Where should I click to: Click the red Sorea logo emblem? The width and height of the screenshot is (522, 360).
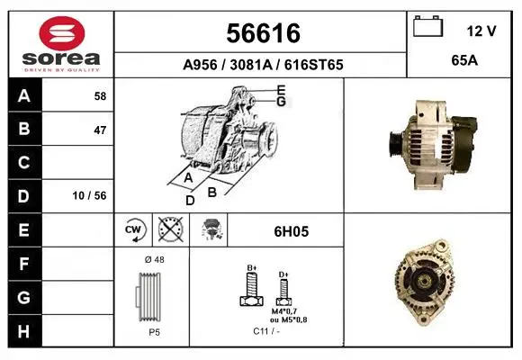[x=62, y=33]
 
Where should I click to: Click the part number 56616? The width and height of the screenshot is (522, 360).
[x=264, y=33]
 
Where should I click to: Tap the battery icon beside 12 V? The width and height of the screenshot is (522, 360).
[x=428, y=26]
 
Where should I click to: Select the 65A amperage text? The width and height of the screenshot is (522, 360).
[x=464, y=60]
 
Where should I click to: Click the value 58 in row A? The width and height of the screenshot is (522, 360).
[x=100, y=96]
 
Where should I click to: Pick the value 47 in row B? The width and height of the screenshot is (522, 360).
[x=100, y=130]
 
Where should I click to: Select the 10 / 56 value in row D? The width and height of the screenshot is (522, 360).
[x=89, y=195]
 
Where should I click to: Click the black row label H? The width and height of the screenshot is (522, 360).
[x=24, y=331]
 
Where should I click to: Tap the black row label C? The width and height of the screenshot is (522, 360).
[x=24, y=163]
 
